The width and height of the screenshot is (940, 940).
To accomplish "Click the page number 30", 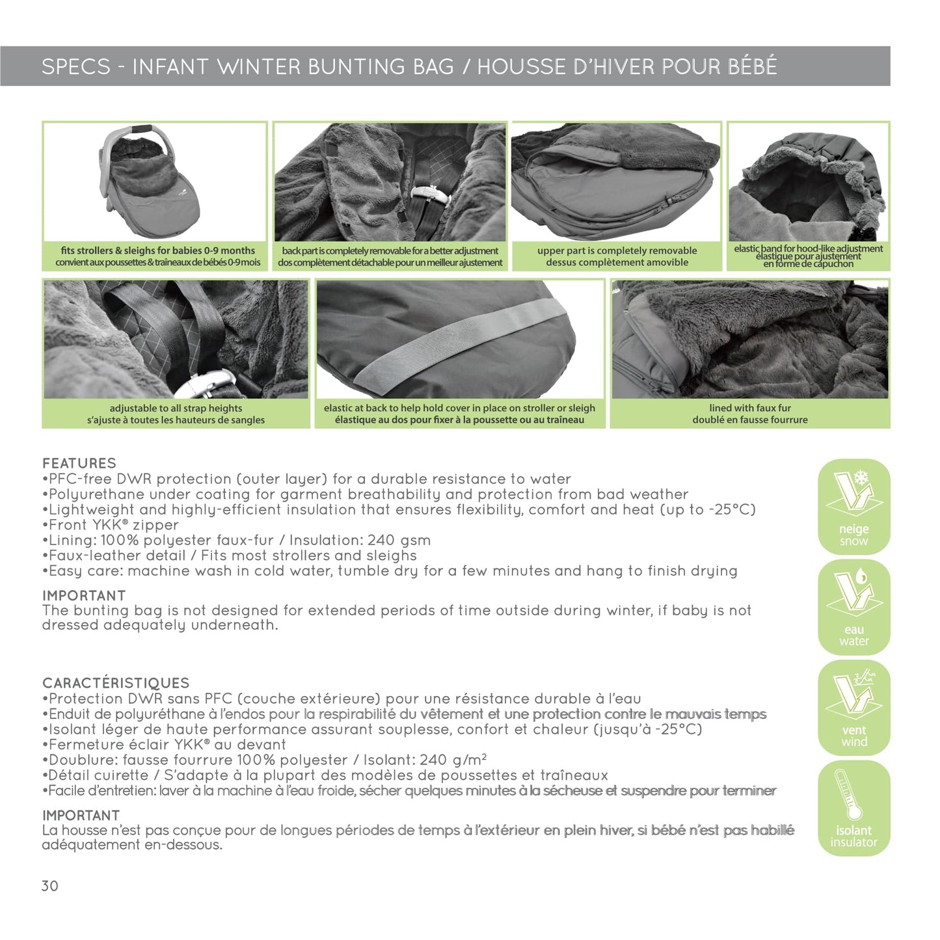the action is click(49, 886).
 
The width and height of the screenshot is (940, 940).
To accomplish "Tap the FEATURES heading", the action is click(79, 463).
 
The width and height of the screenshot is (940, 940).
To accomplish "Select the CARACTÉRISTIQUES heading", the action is click(116, 682).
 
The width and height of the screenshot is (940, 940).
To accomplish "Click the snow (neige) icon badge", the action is click(853, 506).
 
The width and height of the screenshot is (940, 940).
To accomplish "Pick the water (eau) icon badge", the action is click(853, 608).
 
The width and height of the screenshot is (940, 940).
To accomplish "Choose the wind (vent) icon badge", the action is click(853, 708).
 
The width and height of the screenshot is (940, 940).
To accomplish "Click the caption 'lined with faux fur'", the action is click(750, 408).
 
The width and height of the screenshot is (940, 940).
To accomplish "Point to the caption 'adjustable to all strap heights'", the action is click(176, 409).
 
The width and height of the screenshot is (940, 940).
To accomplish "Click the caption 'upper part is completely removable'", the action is click(617, 250).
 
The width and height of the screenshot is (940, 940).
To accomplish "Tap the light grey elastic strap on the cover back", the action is click(459, 342).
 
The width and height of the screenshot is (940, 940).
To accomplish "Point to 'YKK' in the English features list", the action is click(105, 525).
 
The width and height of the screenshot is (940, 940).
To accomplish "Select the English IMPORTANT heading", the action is click(84, 596).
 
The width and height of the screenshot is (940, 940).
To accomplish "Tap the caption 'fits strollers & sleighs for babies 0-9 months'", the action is click(157, 250).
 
